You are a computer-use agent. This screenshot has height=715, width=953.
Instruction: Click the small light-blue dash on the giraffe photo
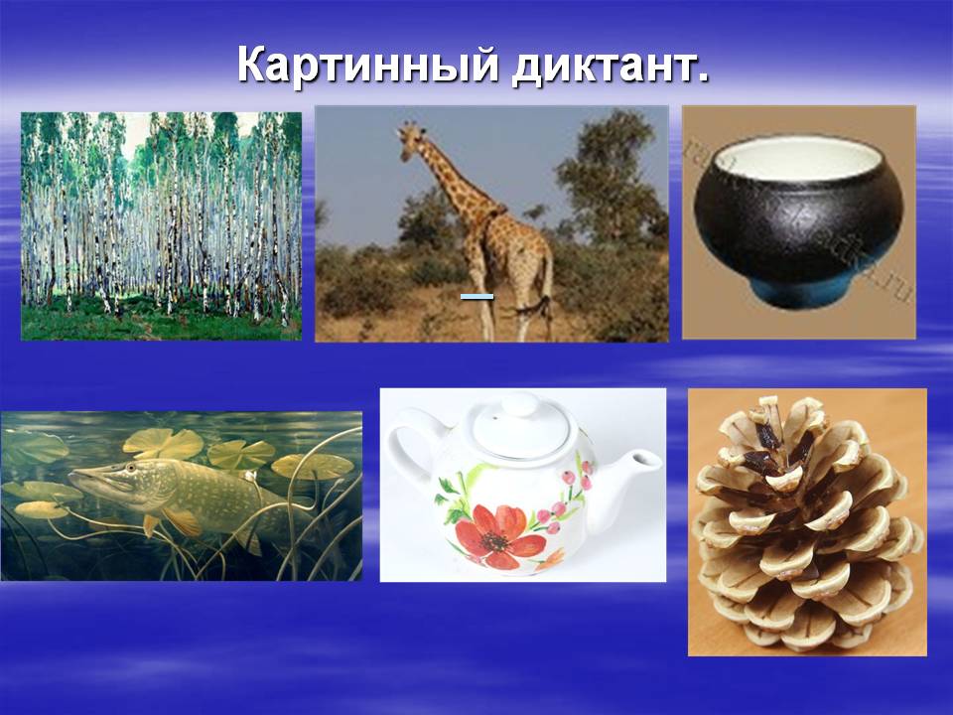[476, 296]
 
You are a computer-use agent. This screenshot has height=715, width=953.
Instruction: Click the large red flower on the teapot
[498, 536]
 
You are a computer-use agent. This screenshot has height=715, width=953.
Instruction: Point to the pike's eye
[131, 467]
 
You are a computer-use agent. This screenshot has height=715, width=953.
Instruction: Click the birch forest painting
[161, 226]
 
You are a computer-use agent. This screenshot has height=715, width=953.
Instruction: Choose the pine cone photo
[807, 521]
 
